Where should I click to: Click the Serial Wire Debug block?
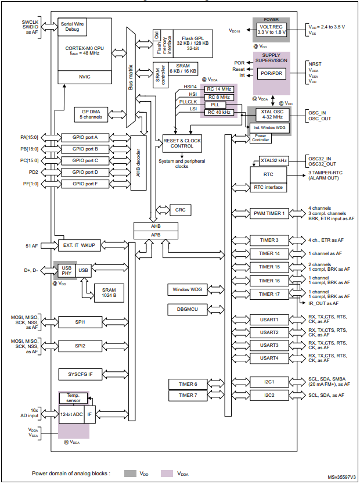[x=74, y=27]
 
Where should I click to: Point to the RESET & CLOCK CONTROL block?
[x=182, y=144]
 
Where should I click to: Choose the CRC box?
[x=179, y=209]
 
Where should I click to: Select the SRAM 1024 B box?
[x=109, y=293]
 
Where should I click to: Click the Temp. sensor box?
[x=73, y=398]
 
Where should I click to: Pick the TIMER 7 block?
[x=187, y=396]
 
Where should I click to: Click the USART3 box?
[x=268, y=345]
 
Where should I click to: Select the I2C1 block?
[x=268, y=382]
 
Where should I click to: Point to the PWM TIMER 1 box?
[x=268, y=214]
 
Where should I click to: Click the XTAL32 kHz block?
[x=273, y=160]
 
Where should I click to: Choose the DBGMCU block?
[x=187, y=309]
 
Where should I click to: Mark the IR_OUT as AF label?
[x=323, y=303]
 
